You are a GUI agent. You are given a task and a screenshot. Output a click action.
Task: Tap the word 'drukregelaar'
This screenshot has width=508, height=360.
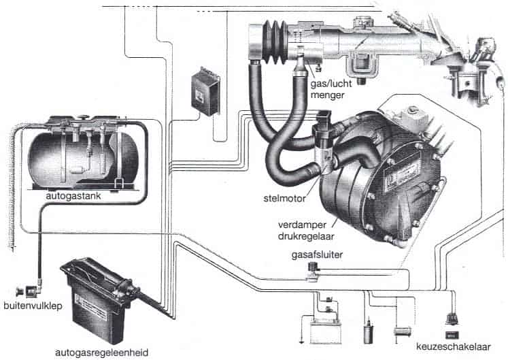point(302,234)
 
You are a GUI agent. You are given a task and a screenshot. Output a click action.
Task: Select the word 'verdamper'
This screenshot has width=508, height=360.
point(299,224)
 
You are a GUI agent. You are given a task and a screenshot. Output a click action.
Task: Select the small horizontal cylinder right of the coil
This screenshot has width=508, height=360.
point(403,331)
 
